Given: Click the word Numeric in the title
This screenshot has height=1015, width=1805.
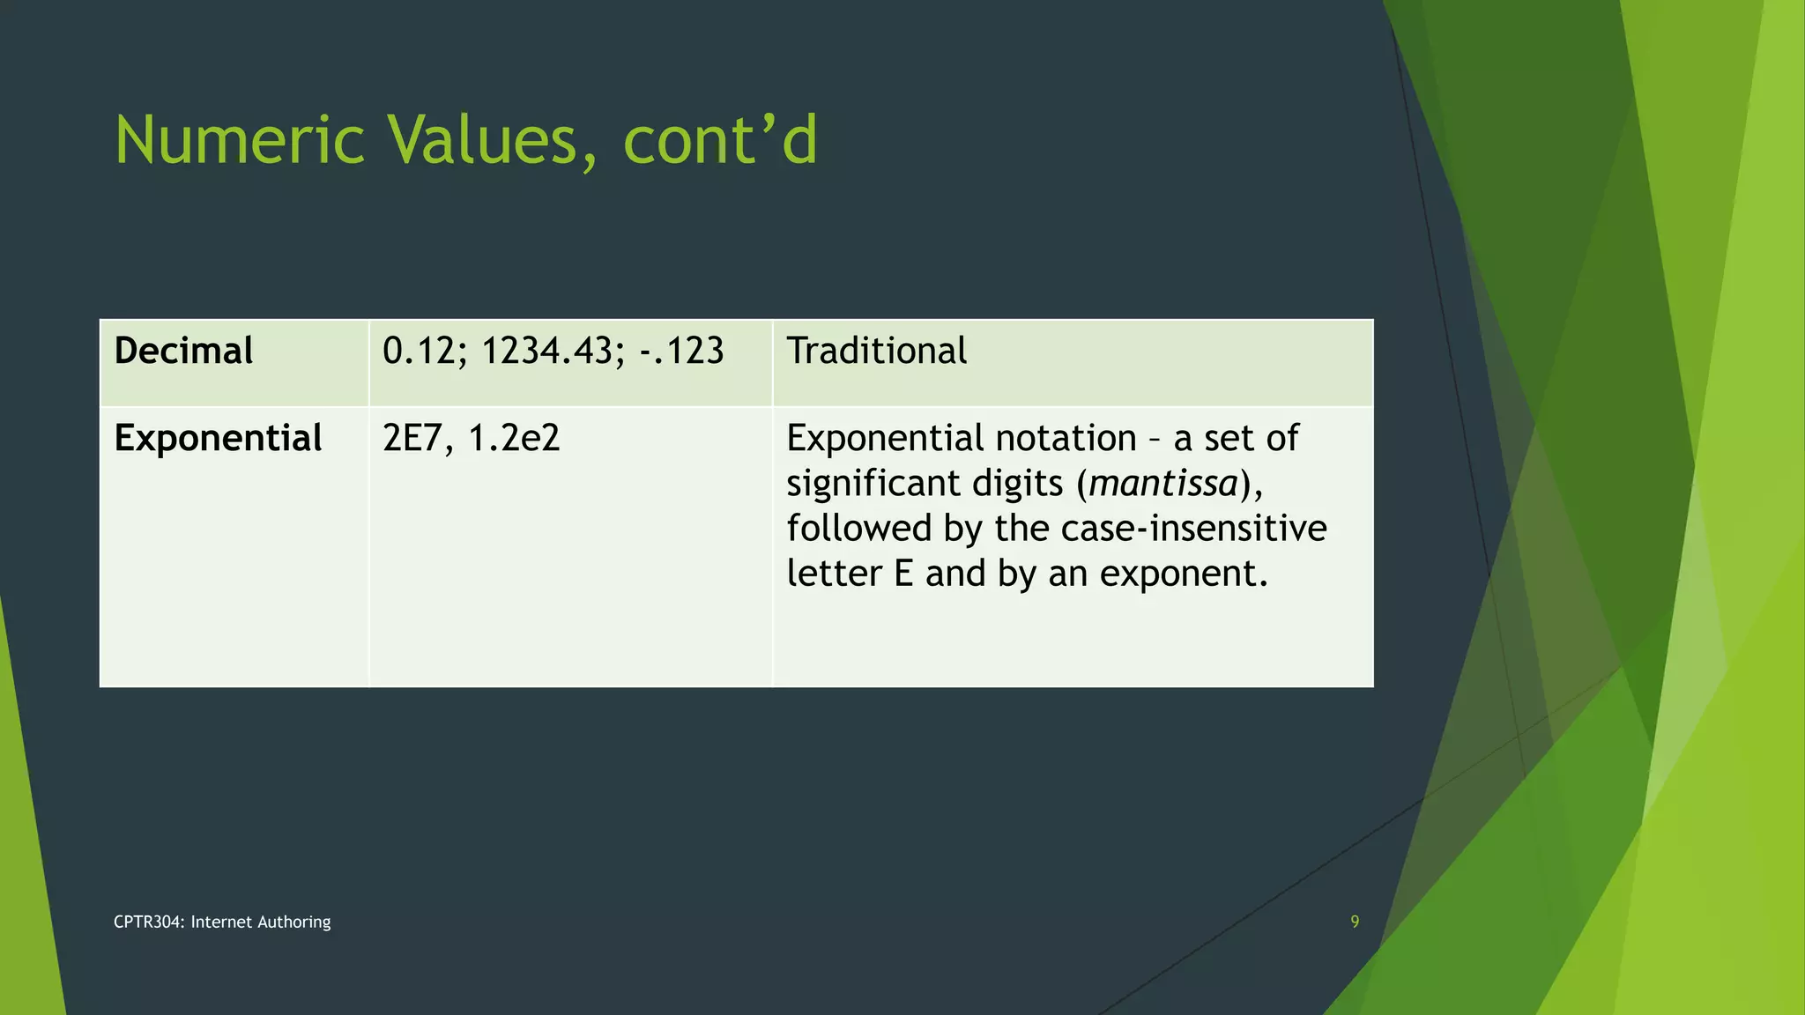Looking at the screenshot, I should [239, 141].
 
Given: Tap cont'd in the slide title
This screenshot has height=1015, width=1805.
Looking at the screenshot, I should [720, 141].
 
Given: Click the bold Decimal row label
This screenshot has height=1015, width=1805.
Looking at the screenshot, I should [183, 351].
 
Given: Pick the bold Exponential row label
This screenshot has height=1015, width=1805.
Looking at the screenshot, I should [218, 438].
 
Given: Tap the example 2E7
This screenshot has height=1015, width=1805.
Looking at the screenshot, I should [412, 438].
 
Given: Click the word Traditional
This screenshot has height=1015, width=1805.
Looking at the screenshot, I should [876, 351].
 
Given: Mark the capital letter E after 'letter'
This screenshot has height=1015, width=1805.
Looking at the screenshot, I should [903, 574].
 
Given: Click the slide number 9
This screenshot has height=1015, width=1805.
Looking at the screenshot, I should [1355, 922].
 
